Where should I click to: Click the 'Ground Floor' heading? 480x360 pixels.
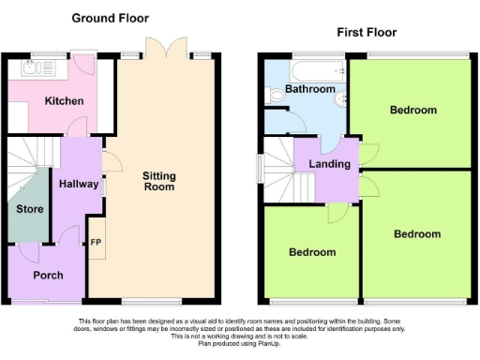click(x=110, y=18)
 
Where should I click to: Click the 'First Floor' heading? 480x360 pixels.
click(x=367, y=32)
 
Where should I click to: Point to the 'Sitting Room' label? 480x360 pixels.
click(x=158, y=181)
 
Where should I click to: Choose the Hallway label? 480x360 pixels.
click(x=79, y=184)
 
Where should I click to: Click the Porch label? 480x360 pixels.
click(x=48, y=275)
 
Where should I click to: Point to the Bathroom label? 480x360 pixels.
click(x=310, y=89)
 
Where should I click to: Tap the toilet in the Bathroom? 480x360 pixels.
click(x=276, y=95)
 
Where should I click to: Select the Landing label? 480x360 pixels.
click(x=329, y=164)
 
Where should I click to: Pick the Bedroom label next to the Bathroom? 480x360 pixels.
click(x=413, y=110)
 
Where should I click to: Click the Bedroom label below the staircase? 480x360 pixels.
click(x=311, y=252)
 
